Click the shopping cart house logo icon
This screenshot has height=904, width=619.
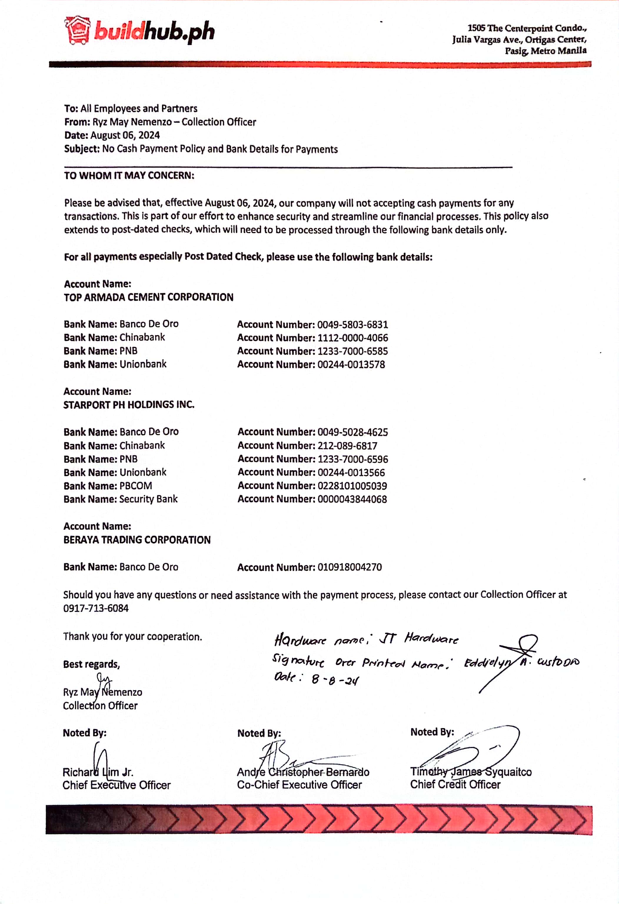(x=77, y=30)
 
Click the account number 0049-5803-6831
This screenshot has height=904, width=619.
(x=352, y=325)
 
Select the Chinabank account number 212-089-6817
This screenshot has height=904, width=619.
(x=347, y=446)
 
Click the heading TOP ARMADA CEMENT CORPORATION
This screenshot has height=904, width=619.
(x=148, y=298)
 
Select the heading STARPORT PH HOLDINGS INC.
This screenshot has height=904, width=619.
(x=129, y=405)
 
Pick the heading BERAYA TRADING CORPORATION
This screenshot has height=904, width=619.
(x=137, y=540)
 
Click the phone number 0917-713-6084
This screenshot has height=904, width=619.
(x=96, y=608)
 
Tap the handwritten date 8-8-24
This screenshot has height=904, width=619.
(x=335, y=680)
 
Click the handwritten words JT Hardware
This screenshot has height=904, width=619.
(x=419, y=639)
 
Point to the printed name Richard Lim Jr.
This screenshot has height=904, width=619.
(x=98, y=772)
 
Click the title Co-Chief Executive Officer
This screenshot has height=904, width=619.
(x=299, y=785)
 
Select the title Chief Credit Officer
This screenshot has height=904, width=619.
(x=455, y=785)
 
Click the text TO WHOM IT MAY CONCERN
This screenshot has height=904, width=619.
(x=129, y=176)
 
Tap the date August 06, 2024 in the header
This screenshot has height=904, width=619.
(x=125, y=135)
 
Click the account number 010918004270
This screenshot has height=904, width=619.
(x=349, y=567)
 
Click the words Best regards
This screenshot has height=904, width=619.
(x=91, y=664)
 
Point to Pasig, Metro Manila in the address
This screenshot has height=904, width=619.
(x=545, y=51)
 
